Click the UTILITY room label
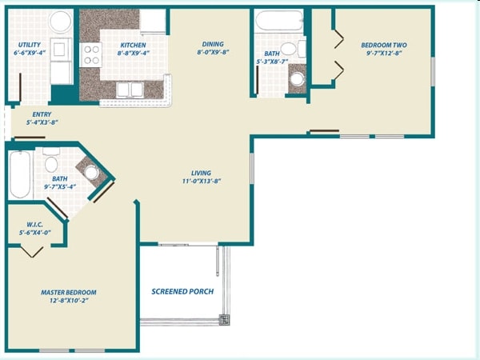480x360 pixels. click(x=30, y=45)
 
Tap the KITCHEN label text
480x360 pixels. click(x=133, y=45)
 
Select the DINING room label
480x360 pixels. click(x=213, y=44)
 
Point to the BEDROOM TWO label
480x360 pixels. click(x=383, y=46)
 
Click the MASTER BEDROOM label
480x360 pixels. click(x=69, y=292)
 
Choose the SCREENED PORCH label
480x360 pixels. click(x=182, y=291)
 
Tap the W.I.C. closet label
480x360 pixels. click(x=34, y=223)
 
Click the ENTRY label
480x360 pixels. click(x=42, y=114)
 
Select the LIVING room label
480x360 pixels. click(x=202, y=173)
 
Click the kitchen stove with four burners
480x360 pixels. click(x=92, y=54)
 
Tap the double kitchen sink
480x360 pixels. click(x=128, y=90)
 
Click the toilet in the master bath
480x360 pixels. click(x=91, y=172)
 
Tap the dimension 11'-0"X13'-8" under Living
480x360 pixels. click(x=202, y=182)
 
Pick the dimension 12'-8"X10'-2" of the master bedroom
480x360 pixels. click(x=69, y=302)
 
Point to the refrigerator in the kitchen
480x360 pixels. click(x=153, y=22)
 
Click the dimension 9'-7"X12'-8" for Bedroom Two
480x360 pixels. click(x=383, y=55)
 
